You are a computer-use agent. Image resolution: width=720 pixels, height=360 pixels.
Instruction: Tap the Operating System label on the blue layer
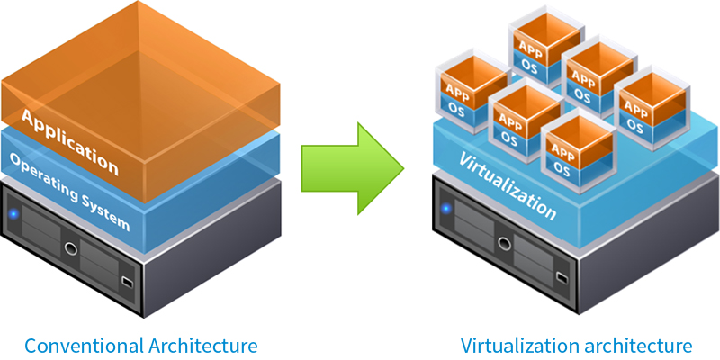coord(70,193)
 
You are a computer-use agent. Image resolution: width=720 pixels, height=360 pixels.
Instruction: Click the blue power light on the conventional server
coord(15,215)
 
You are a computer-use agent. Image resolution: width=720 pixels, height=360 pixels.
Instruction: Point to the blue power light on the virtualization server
coord(445,210)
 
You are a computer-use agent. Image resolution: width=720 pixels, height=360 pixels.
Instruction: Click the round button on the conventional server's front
coord(68,245)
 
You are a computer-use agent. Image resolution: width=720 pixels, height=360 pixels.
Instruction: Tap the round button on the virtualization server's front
coord(498,239)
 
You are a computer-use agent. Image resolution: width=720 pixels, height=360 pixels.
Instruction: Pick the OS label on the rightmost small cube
coord(637,127)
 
